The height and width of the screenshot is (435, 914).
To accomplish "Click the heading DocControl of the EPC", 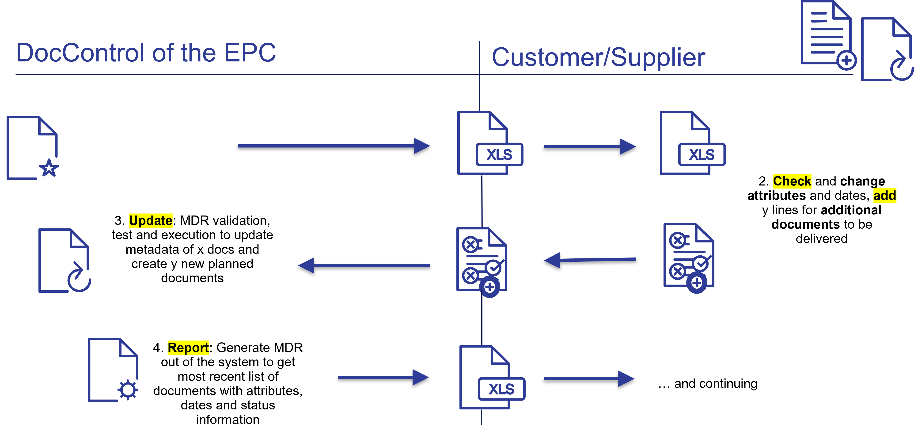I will pyautogui.click(x=146, y=53).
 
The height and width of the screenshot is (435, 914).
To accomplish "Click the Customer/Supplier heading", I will pyautogui.click(x=598, y=57).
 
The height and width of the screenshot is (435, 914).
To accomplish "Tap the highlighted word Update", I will pyautogui.click(x=150, y=221).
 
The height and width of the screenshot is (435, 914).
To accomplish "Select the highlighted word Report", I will pyautogui.click(x=188, y=348).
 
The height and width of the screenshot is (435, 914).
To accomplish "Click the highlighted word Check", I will pyautogui.click(x=792, y=181).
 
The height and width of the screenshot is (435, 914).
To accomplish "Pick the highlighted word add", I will pyautogui.click(x=884, y=196).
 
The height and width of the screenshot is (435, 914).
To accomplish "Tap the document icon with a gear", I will pyautogui.click(x=113, y=370).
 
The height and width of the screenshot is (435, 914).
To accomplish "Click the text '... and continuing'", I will pyautogui.click(x=708, y=384).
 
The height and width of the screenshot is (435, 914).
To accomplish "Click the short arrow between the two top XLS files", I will pyautogui.click(x=589, y=148).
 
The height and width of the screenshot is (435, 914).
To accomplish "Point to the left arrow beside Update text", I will pyautogui.click(x=364, y=267).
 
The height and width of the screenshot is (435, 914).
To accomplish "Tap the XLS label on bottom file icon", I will pyautogui.click(x=501, y=389).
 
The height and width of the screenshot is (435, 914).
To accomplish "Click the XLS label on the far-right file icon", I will pyautogui.click(x=702, y=155).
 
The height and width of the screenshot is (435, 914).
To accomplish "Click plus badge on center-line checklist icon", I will pyautogui.click(x=490, y=287).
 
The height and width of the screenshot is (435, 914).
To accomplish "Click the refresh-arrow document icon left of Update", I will pyautogui.click(x=64, y=261).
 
